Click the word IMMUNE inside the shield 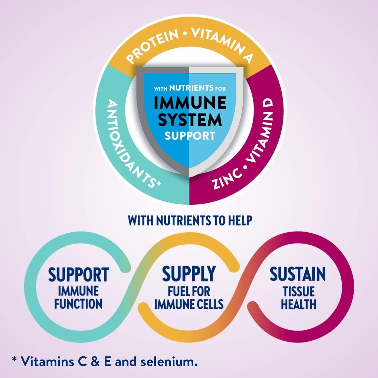tap(190, 102)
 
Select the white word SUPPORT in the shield tap(190, 135)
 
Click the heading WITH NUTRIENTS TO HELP tap(190, 221)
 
